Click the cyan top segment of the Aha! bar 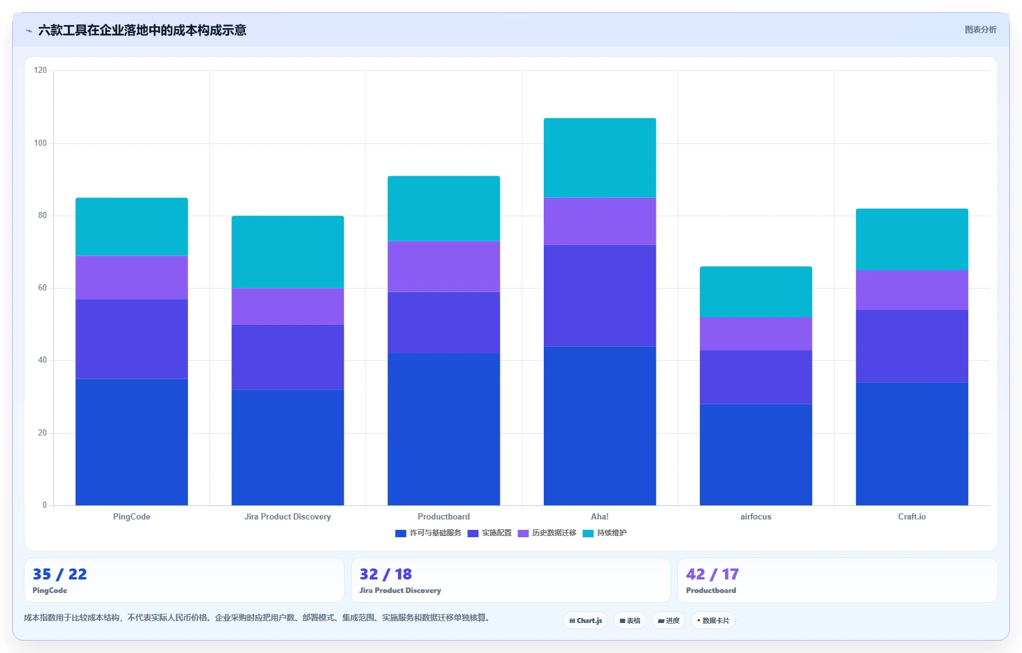point(599,158)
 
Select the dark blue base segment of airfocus point(756,455)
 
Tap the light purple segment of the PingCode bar point(132,277)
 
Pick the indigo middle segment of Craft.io point(912,346)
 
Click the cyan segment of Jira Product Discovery point(287,252)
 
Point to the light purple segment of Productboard point(443,266)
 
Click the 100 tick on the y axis point(40,143)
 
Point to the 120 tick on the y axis point(40,70)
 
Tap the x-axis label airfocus point(756,516)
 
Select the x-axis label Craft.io point(912,516)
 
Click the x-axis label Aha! point(599,516)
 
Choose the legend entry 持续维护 point(604,533)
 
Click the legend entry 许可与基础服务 point(428,533)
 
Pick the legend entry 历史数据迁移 point(547,533)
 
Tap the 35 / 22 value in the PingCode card point(60,574)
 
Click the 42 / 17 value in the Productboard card point(712,574)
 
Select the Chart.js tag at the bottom point(585,621)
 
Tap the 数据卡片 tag point(713,621)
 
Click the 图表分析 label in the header point(980,29)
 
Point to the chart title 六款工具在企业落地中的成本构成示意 point(142,31)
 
